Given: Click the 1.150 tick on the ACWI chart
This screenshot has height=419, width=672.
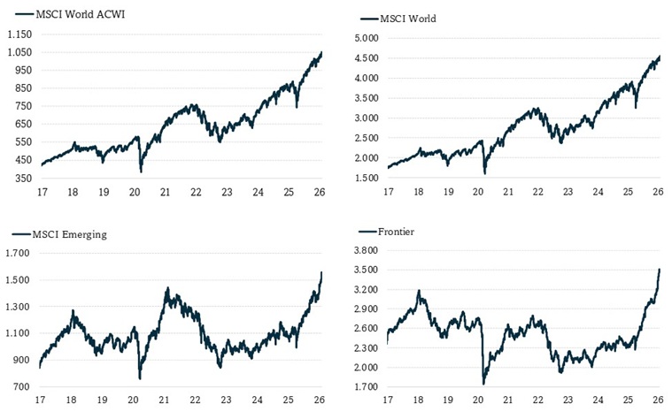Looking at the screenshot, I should [x=19, y=34].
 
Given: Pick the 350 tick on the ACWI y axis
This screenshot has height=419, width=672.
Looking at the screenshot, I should [x=22, y=179].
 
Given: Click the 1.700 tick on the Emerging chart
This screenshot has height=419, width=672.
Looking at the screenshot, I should [x=19, y=254].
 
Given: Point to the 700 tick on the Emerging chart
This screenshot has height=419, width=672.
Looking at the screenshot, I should [x=22, y=387].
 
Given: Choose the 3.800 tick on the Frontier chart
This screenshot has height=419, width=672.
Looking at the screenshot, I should [x=366, y=251].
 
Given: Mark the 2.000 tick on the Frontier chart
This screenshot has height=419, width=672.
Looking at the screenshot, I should [x=366, y=368].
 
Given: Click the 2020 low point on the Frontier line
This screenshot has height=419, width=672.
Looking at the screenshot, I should [x=483, y=383].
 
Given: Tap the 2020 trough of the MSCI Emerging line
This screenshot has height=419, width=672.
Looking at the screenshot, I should [x=140, y=378].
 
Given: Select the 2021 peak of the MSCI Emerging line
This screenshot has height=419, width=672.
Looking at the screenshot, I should [x=166, y=288].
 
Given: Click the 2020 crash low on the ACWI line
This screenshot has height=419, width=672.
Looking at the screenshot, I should [x=141, y=171].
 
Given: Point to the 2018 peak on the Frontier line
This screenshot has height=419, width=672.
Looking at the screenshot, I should [x=419, y=291].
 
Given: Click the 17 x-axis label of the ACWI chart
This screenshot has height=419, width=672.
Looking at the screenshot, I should [x=40, y=193].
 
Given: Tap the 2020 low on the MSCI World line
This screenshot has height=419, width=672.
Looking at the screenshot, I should [x=484, y=173].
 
